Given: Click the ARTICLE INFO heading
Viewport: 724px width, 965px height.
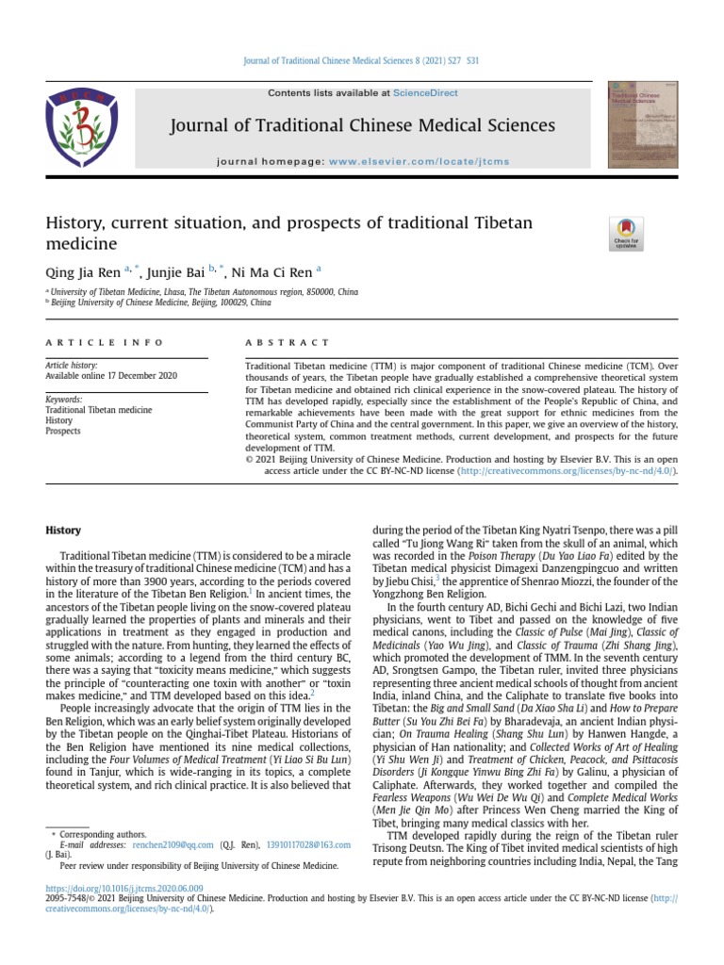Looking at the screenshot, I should click(105, 342).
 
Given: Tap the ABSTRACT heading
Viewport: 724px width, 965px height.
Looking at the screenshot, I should click(288, 342).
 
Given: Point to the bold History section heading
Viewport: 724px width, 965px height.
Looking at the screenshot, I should click(63, 531).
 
